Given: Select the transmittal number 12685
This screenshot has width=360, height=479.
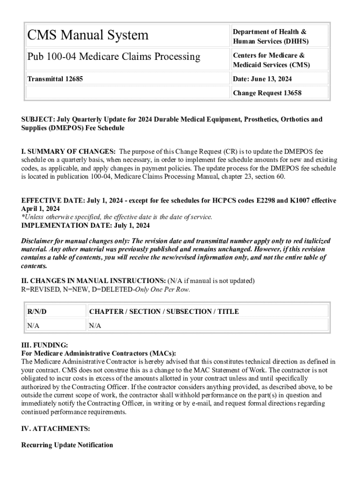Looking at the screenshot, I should click(x=72, y=79).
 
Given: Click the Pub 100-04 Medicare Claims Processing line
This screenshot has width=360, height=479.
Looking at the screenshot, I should click(x=113, y=57).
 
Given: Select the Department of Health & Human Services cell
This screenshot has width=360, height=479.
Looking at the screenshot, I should click(x=270, y=36).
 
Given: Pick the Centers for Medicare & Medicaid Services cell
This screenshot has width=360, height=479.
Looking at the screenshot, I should click(x=271, y=60).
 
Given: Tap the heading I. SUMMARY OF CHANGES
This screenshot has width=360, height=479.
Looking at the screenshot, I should click(x=68, y=152).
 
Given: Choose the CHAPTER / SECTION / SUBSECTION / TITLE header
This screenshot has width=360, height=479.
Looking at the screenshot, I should click(x=164, y=312).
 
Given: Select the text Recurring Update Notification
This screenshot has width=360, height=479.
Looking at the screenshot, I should click(x=67, y=445).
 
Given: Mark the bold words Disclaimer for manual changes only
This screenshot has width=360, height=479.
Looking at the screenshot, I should click(x=78, y=241).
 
